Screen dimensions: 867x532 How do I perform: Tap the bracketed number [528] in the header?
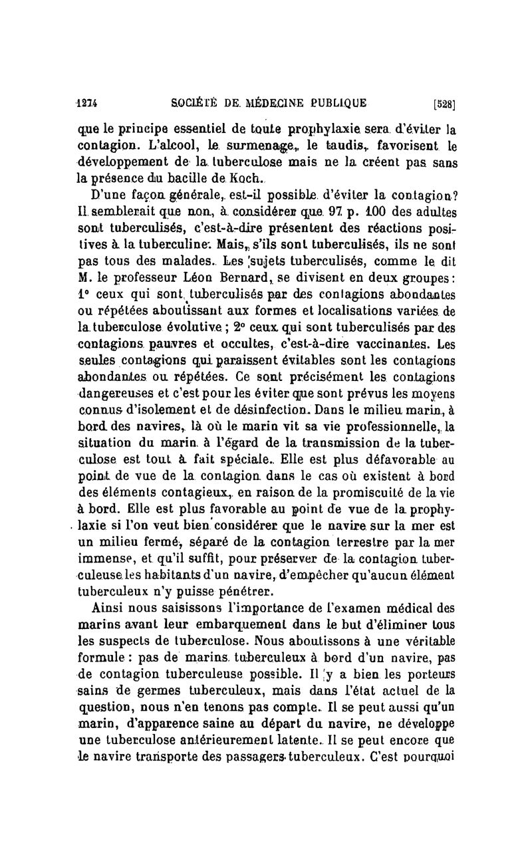(444, 104)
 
